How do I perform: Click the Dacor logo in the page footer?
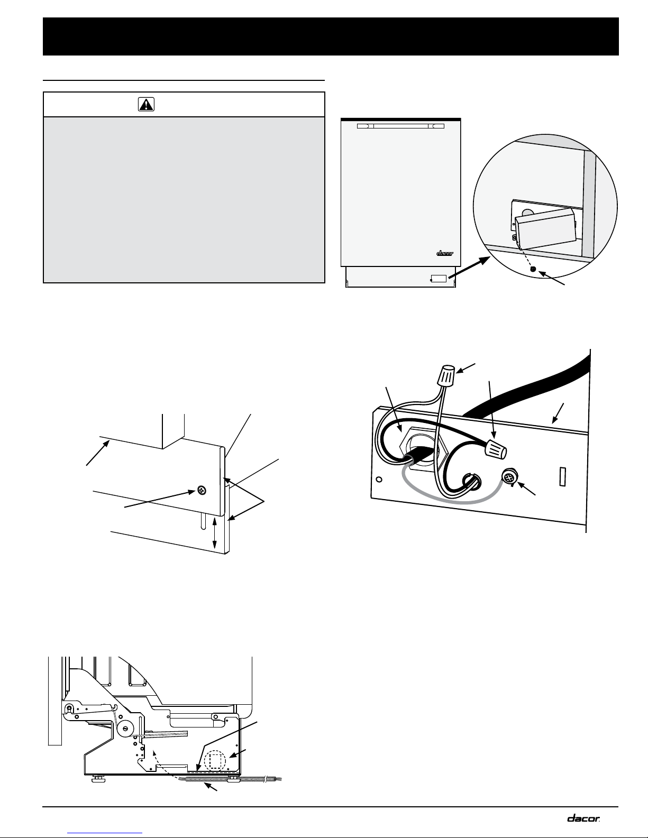[583, 818]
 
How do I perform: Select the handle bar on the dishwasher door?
[400, 126]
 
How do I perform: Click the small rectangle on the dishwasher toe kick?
[439, 278]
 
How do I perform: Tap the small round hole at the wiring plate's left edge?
[379, 480]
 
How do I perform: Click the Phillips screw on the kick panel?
[202, 491]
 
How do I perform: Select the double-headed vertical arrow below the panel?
[215, 533]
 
